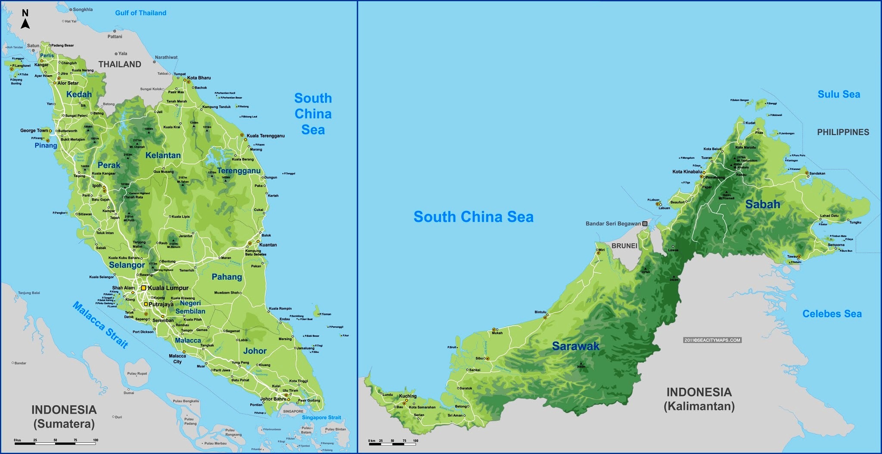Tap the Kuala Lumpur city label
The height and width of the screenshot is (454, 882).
(x=168, y=288)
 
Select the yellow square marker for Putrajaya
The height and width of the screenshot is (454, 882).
(x=146, y=304)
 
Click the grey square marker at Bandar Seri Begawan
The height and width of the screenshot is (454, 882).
(x=645, y=223)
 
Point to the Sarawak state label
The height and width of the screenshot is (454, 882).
(x=575, y=346)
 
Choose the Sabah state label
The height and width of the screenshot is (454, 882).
(x=762, y=204)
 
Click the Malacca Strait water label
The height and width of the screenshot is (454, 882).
(x=100, y=324)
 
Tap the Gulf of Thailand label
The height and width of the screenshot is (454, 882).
(x=140, y=13)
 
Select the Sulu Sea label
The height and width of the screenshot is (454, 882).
(x=839, y=94)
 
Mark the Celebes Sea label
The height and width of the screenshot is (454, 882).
(x=832, y=314)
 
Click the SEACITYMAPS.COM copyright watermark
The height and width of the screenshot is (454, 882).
(x=712, y=340)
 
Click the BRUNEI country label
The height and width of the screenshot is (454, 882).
(x=624, y=246)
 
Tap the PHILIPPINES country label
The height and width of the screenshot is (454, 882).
(x=843, y=132)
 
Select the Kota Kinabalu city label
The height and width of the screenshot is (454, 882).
(x=687, y=172)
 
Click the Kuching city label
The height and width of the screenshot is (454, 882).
(x=407, y=396)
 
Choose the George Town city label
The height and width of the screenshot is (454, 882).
(x=34, y=130)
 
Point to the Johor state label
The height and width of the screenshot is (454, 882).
(x=255, y=351)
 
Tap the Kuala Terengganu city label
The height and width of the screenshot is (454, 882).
(x=266, y=136)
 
